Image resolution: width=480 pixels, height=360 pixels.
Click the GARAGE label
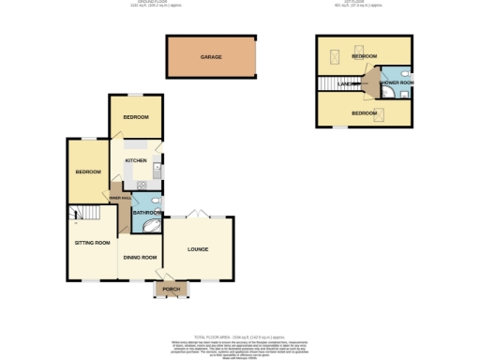click(211, 57)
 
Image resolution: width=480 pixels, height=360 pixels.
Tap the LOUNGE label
click(197, 248)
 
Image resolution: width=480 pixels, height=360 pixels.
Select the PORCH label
click(171, 289)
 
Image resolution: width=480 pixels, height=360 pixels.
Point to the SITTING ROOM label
click(93, 242)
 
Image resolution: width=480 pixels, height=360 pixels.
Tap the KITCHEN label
click(136, 161)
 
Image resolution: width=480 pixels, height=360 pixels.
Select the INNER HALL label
click(120, 199)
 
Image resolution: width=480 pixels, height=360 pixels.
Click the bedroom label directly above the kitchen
click(136, 117)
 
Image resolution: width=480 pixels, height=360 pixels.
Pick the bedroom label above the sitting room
click(88, 172)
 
